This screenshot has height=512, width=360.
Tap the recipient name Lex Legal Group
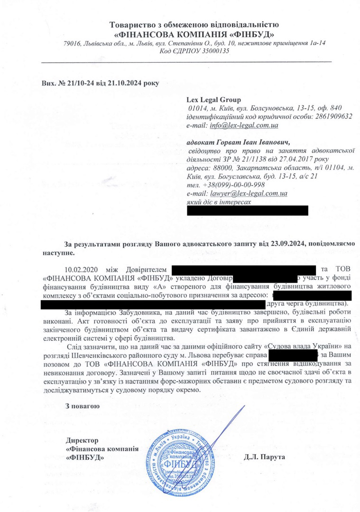coord(214,100)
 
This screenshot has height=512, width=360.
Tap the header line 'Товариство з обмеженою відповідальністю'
coord(194,25)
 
